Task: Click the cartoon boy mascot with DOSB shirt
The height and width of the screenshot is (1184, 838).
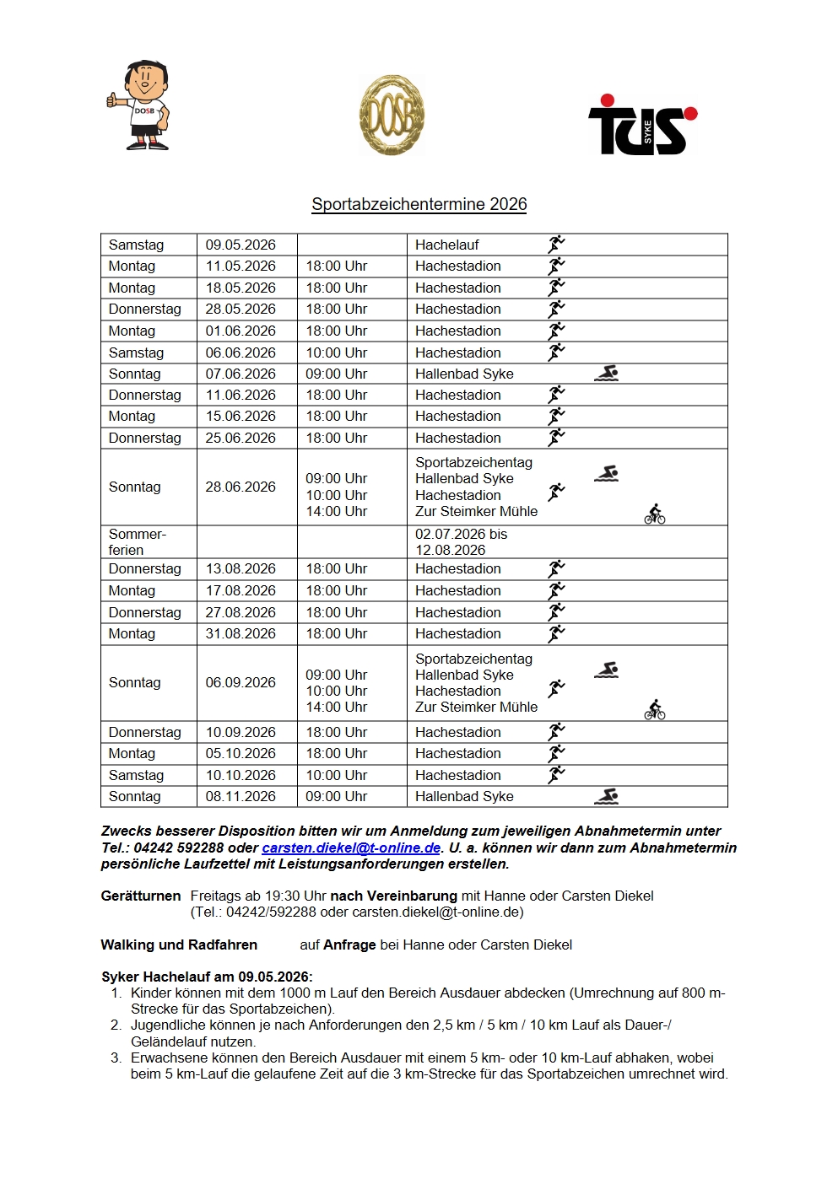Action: point(139,105)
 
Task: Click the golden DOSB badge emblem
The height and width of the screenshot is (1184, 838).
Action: point(392,115)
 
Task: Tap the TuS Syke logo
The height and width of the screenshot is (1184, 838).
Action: point(642,125)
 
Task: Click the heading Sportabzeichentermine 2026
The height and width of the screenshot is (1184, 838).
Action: point(419,204)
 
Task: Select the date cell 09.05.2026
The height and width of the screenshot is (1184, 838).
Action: point(241,245)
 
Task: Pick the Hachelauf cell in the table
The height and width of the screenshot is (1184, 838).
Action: point(446,245)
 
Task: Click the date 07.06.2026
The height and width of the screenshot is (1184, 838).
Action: point(241,374)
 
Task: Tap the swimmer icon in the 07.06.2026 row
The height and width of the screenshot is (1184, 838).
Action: point(606,373)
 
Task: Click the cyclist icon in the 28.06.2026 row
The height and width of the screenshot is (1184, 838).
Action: point(655,514)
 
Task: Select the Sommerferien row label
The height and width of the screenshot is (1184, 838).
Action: point(138,541)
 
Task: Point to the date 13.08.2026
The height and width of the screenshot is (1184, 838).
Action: point(241,568)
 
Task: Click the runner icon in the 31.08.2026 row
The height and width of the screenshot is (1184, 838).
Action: point(556,633)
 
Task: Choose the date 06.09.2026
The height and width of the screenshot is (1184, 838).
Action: point(241,682)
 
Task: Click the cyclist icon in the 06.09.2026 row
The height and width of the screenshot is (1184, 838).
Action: point(655,710)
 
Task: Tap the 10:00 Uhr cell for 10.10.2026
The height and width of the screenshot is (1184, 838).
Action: point(336,775)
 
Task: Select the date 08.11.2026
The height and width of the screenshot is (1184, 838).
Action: point(241,796)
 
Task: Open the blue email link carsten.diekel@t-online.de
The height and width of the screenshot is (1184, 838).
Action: point(351,848)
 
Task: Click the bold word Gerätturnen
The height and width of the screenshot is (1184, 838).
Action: point(140,896)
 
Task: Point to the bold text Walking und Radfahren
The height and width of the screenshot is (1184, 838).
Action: point(179,945)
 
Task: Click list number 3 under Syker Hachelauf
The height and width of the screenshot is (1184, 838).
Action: point(116,1058)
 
